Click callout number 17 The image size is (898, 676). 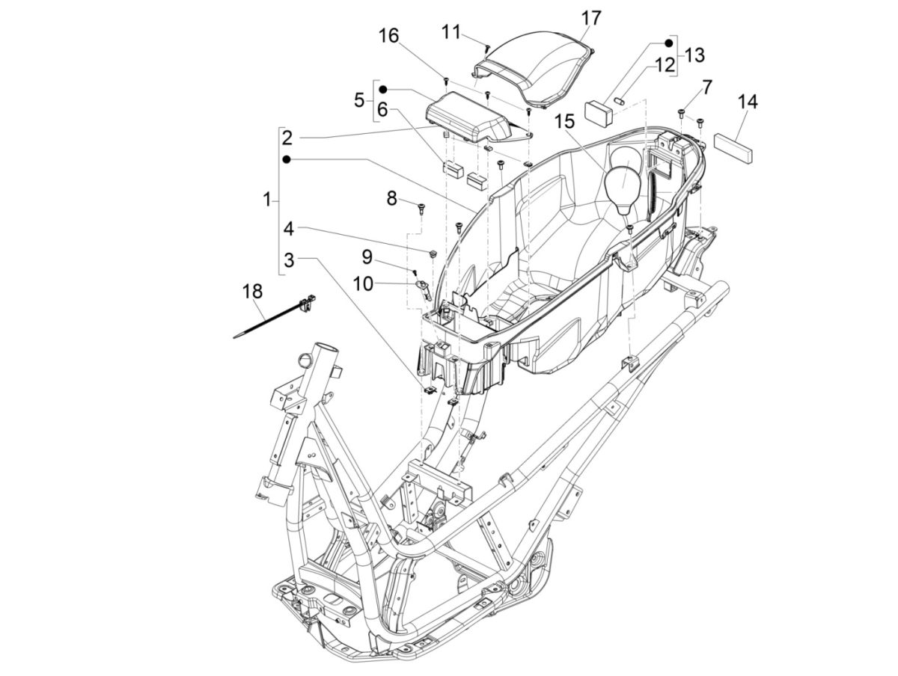tap(591, 18)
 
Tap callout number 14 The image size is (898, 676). tap(747, 102)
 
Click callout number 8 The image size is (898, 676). tap(392, 198)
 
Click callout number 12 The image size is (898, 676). tap(665, 65)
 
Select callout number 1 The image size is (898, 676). tap(267, 200)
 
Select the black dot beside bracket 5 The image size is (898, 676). tap(393, 89)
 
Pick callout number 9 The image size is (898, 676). tap(367, 256)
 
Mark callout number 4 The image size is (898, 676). tap(289, 227)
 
